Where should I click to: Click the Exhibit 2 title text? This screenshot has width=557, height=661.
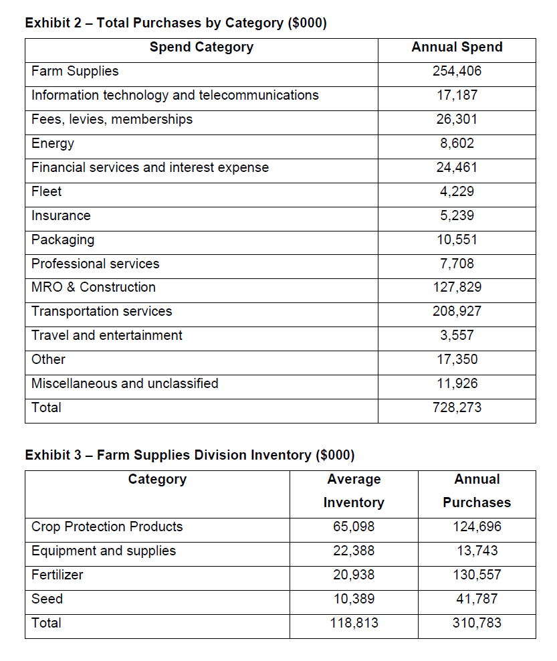click(x=176, y=23)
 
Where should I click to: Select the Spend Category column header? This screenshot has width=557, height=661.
click(x=201, y=47)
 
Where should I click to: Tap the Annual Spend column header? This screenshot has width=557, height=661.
click(x=457, y=47)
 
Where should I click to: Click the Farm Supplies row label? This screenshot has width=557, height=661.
click(x=75, y=71)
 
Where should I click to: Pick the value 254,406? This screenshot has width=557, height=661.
click(x=457, y=71)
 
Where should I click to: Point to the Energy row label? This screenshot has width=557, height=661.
click(x=53, y=143)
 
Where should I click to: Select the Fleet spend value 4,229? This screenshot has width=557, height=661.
click(x=457, y=191)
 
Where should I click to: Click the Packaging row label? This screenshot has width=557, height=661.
click(x=63, y=240)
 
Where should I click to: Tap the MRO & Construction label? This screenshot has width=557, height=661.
click(x=94, y=287)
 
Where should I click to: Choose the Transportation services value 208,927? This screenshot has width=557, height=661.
click(x=457, y=311)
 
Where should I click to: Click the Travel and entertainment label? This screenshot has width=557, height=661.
click(x=107, y=335)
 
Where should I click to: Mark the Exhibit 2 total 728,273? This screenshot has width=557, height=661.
click(x=457, y=407)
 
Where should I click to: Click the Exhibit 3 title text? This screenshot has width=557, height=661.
click(x=190, y=455)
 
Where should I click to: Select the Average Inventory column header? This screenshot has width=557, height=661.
click(x=354, y=490)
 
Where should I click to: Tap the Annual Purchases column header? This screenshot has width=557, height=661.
click(x=477, y=490)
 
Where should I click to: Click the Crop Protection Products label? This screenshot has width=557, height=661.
click(x=107, y=527)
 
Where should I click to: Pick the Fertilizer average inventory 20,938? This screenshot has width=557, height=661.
click(x=354, y=575)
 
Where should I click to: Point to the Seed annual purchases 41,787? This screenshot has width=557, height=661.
click(x=477, y=599)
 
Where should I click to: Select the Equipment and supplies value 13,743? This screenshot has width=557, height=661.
click(x=477, y=551)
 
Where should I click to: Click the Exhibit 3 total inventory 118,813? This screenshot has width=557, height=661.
click(x=354, y=623)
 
